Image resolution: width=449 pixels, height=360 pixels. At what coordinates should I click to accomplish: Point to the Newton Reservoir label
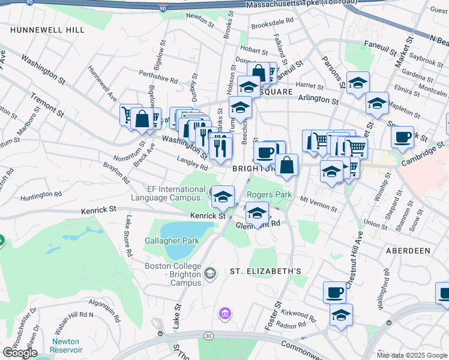pos(66,346)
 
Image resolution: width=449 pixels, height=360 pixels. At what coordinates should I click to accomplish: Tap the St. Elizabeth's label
pos(266,271)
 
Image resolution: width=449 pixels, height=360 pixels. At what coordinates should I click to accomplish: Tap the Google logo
pos(20,353)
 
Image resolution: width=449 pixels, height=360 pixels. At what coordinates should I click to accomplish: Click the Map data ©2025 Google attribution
pos(412,355)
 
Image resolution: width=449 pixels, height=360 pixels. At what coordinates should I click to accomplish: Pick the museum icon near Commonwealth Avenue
pos(226,313)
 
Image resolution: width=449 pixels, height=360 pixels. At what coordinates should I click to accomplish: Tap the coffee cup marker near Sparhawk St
pos(402,136)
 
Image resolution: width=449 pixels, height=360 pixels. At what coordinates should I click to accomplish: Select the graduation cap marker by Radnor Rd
pos(341,314)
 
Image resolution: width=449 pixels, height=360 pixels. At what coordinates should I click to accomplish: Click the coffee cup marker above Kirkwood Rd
pos(335,292)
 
